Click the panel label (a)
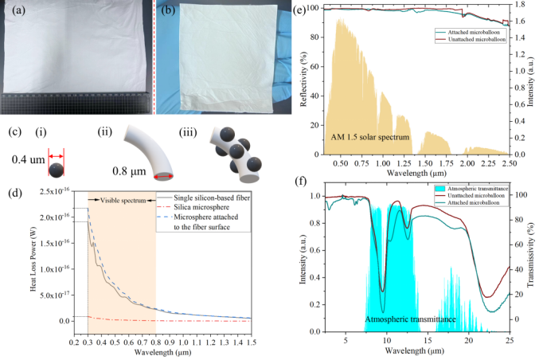(x=14, y=11)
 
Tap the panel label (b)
(x=168, y=11)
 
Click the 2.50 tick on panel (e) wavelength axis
(x=508, y=162)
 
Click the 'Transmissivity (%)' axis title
(x=532, y=260)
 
